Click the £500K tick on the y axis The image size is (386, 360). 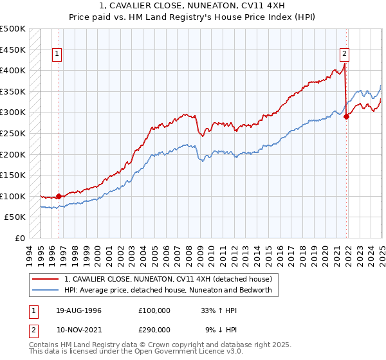pyautogui.click(x=13, y=29)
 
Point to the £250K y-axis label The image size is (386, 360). pyautogui.click(x=13, y=133)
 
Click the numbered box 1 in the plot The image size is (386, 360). pyautogui.click(x=58, y=54)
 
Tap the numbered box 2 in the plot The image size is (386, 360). pyautogui.click(x=345, y=54)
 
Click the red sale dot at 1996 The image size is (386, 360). pyautogui.click(x=59, y=196)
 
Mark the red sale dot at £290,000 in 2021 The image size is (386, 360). pyautogui.click(x=346, y=116)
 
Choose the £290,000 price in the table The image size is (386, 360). pyautogui.click(x=154, y=329)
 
